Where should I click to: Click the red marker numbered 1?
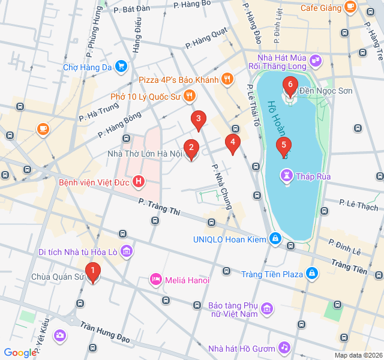(x=92, y=272)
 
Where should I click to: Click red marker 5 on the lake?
(x=283, y=146)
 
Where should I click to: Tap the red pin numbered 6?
(x=290, y=86)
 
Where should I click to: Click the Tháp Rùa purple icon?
(x=286, y=176)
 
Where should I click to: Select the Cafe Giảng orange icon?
(x=350, y=8)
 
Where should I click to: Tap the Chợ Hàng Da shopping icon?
(x=121, y=67)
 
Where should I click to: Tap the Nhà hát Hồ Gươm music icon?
(x=284, y=348)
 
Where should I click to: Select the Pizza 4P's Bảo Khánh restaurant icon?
(x=227, y=79)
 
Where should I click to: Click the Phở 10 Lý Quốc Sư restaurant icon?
(x=189, y=95)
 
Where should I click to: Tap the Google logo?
(x=20, y=353)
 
